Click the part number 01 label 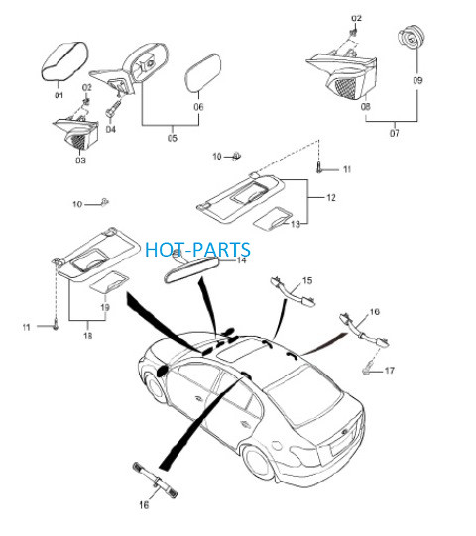[59, 95]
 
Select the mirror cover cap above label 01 [65, 60]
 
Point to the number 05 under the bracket [173, 138]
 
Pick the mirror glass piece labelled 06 [203, 72]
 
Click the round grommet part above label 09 [411, 38]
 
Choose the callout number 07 [395, 133]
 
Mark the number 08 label [366, 107]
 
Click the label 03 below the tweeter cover [80, 160]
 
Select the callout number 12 [331, 197]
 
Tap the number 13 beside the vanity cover [295, 224]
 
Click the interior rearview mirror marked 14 [191, 270]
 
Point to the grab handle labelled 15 [294, 291]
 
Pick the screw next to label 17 [367, 371]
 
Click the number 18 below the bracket [88, 335]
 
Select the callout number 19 [105, 307]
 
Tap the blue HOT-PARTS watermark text [197, 250]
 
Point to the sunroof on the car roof [241, 350]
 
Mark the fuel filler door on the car [276, 446]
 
